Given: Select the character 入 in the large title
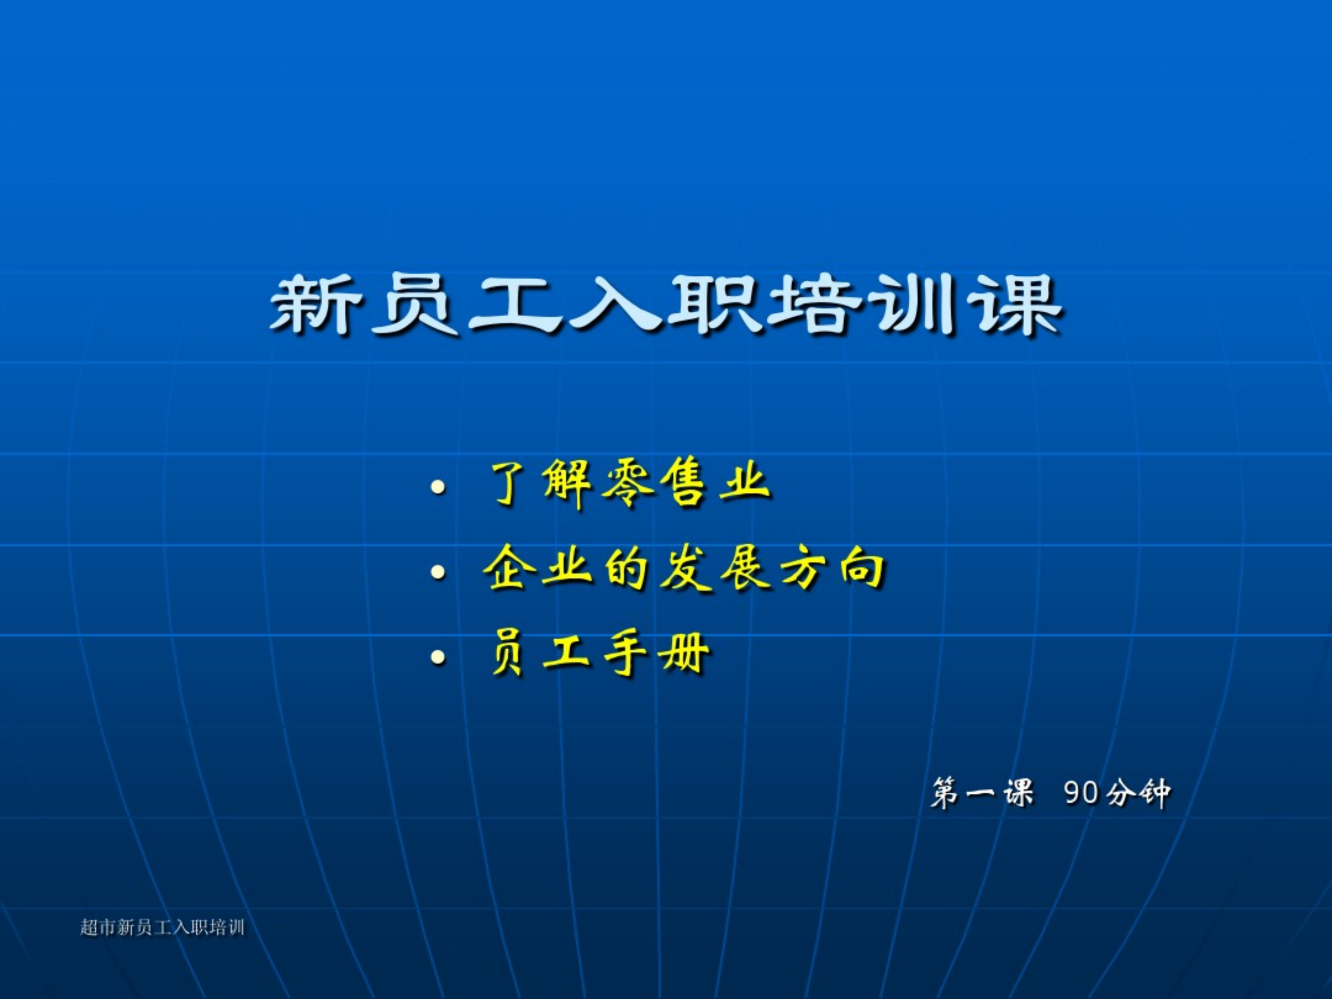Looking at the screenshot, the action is pos(615,305).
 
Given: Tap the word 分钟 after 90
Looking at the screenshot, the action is pos(1138,793).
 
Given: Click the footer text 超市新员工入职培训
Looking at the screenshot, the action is pos(163,927).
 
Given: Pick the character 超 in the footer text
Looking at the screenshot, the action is pos(89,927).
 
